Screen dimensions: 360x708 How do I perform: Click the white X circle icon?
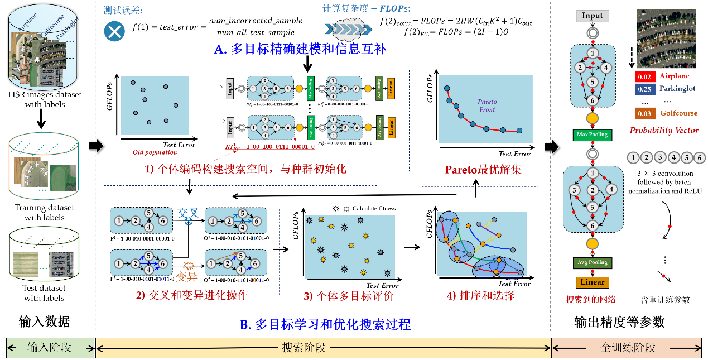(x=114, y=31)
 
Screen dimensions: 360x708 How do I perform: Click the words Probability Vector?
(x=663, y=131)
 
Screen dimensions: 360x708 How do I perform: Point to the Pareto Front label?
(x=487, y=105)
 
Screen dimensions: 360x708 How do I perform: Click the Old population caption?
(x=155, y=152)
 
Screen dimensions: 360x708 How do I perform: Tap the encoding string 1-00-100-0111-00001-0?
(x=270, y=147)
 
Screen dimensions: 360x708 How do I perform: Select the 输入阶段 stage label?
(x=50, y=348)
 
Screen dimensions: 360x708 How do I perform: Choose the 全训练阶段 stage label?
(x=628, y=348)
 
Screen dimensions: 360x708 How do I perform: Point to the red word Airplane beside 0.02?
(x=674, y=76)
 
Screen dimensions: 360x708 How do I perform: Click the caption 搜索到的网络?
(x=591, y=299)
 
